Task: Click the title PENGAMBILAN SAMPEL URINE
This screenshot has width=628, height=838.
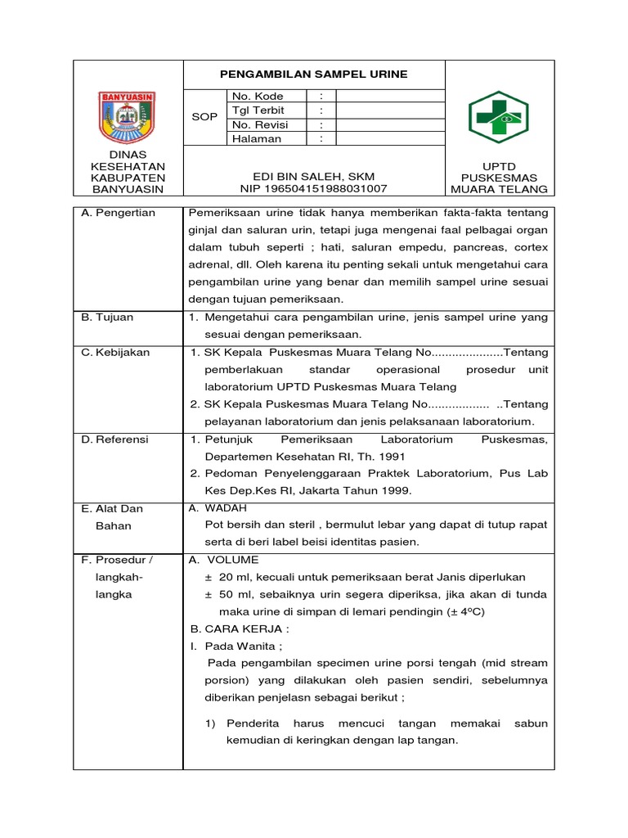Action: click(314, 74)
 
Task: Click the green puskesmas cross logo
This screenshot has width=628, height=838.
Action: click(498, 117)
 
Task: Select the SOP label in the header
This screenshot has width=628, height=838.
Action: click(204, 117)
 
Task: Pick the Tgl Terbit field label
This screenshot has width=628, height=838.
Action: click(258, 110)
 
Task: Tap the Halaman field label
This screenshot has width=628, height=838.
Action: click(257, 138)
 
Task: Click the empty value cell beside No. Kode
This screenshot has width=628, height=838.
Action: click(389, 96)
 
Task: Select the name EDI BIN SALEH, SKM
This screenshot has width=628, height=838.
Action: click(314, 177)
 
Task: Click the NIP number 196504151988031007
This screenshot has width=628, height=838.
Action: click(314, 189)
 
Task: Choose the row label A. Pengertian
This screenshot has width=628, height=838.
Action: click(118, 213)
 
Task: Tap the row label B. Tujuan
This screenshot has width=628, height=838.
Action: click(107, 317)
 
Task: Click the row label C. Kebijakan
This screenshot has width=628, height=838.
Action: click(115, 352)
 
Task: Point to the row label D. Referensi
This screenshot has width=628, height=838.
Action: click(114, 439)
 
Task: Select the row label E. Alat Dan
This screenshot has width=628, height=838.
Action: click(112, 508)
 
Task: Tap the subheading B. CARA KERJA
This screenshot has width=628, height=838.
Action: click(239, 628)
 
